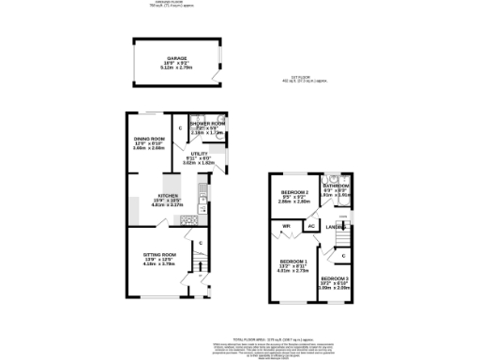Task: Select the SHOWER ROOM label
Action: pyautogui.click(x=207, y=124)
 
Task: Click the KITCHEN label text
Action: pyautogui.click(x=170, y=196)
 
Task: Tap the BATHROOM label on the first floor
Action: pyautogui.click(x=335, y=186)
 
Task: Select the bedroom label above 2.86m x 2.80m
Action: pyautogui.click(x=294, y=192)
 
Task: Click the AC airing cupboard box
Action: pyautogui.click(x=310, y=226)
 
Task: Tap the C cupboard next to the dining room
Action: pyautogui.click(x=180, y=127)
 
